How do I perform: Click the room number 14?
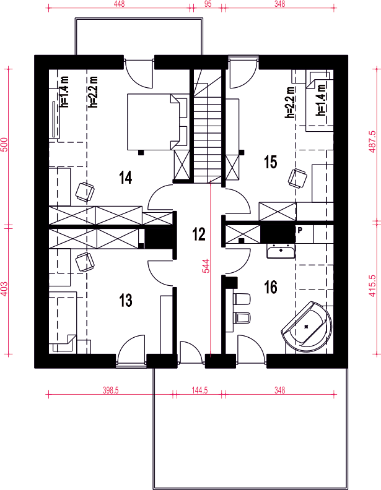coord(125,177)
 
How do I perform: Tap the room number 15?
coord(271,162)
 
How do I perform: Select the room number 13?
coord(125,300)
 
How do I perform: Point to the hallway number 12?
coord(199,234)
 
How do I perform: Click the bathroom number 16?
coord(271,287)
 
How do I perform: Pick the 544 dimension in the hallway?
coord(206,266)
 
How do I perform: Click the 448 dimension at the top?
coord(120,4)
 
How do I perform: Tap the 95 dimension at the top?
coord(208,4)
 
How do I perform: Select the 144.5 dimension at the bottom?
coord(199,390)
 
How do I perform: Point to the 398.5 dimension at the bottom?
coord(111,390)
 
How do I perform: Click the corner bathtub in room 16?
coord(307,327)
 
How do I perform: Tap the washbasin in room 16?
coord(281,251)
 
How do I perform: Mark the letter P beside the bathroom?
coord(300,231)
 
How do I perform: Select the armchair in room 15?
coord(297,178)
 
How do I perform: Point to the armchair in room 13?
coord(85,261)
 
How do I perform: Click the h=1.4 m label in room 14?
coord(65,92)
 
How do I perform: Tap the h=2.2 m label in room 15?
coord(290,102)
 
